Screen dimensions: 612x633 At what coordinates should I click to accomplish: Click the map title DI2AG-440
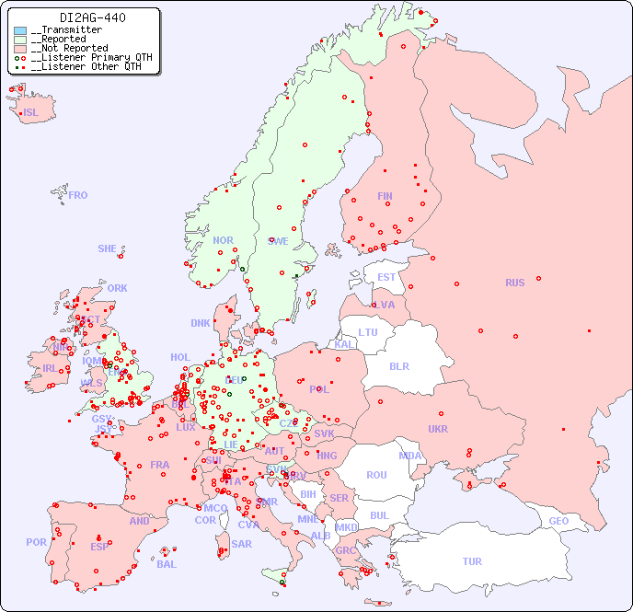pyautogui.click(x=93, y=17)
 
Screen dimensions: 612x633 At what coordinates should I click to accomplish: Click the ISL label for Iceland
pyautogui.click(x=30, y=113)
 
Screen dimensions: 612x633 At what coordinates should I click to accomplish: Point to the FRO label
pyautogui.click(x=78, y=195)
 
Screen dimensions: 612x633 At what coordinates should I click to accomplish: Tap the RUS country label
pyautogui.click(x=514, y=283)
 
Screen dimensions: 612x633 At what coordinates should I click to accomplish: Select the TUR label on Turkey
pyautogui.click(x=472, y=561)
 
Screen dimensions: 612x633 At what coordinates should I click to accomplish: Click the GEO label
pyautogui.click(x=558, y=521)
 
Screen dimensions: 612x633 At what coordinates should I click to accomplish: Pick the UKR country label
pyautogui.click(x=438, y=429)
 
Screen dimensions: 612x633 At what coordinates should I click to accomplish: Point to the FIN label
pyautogui.click(x=385, y=196)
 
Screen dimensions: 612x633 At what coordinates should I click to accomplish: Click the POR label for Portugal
pyautogui.click(x=36, y=542)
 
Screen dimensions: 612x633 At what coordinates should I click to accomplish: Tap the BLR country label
pyautogui.click(x=398, y=365)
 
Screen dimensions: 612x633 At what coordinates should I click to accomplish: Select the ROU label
pyautogui.click(x=376, y=475)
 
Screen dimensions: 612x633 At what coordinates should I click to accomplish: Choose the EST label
pyautogui.click(x=386, y=277)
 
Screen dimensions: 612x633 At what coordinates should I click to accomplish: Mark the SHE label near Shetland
pyautogui.click(x=108, y=248)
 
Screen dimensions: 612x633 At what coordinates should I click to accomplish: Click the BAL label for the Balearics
pyautogui.click(x=166, y=564)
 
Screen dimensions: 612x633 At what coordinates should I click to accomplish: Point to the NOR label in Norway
pyautogui.click(x=224, y=240)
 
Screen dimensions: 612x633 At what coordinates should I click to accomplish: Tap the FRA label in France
pyautogui.click(x=160, y=465)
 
